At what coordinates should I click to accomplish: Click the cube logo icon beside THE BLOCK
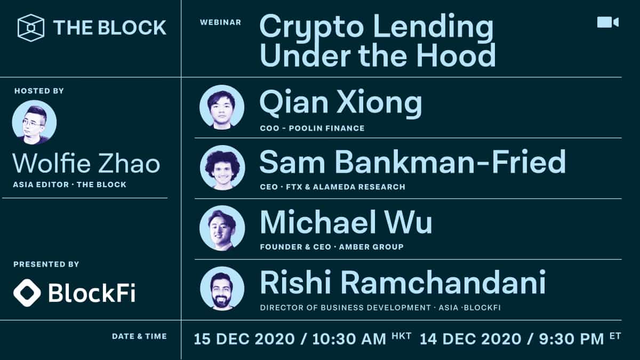coord(30,28)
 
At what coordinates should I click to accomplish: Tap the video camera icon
coord(607,22)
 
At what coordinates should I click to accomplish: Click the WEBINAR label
coord(220,22)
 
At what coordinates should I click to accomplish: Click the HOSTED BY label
coord(39,91)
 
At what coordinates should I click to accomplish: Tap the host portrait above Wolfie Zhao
coord(34,122)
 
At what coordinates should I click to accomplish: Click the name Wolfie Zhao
coord(86,163)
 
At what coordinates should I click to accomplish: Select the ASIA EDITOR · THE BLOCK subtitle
coord(70,185)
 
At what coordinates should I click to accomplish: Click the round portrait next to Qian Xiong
coord(222,107)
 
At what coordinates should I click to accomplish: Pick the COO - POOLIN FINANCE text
coord(312,128)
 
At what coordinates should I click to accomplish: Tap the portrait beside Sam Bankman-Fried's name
coord(222,167)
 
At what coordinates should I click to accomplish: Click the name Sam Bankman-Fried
coord(412,162)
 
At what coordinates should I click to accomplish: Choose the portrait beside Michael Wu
coord(222,228)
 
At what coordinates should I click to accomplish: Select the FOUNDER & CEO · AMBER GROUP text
coord(331,247)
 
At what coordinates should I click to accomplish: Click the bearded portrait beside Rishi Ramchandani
coord(222,289)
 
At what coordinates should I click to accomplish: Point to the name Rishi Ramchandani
coord(402,283)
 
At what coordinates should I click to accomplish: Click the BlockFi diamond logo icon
coord(27,292)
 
